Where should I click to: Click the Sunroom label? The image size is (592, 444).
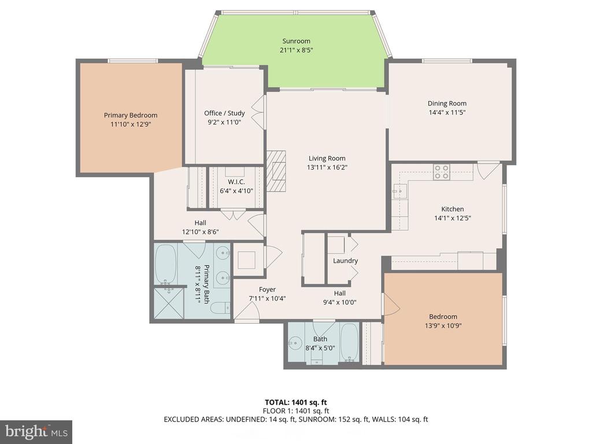(x=296, y=41)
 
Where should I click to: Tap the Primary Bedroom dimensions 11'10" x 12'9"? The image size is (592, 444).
(x=131, y=124)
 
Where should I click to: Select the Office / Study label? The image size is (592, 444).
(x=224, y=113)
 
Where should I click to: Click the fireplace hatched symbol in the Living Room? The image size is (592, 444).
(x=276, y=171)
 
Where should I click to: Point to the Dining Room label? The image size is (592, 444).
(x=447, y=103)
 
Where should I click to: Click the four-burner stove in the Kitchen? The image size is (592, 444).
(x=441, y=172)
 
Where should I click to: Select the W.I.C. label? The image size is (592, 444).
(x=236, y=182)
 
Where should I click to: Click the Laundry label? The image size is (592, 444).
(x=345, y=261)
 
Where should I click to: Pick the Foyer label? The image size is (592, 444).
(x=267, y=290)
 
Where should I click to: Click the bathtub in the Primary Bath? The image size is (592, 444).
(x=166, y=264)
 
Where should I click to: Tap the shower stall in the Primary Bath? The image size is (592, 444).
(x=169, y=303)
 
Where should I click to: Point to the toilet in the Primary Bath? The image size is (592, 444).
(x=220, y=308)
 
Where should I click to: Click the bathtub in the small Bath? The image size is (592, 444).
(x=349, y=342)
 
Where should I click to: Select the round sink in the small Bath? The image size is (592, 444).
(x=294, y=343)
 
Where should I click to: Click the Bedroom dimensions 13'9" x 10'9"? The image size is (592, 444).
(x=443, y=326)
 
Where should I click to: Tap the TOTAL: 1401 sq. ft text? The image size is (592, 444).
(x=295, y=402)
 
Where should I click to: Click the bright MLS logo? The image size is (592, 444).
(x=36, y=432)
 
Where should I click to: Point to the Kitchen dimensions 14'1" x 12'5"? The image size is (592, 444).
(x=452, y=218)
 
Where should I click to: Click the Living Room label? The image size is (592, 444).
(x=327, y=158)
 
